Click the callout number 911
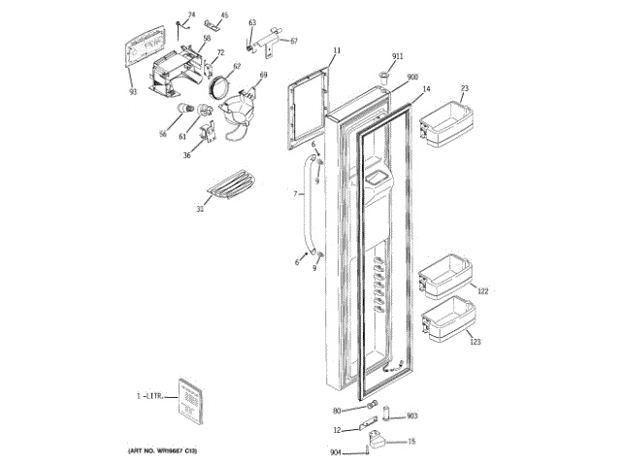398,57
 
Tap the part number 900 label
412,77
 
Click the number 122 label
483,291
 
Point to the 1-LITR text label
151,397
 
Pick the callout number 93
133,91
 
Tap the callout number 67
293,41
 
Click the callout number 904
335,452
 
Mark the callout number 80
337,410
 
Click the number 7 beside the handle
294,195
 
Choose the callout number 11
337,50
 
